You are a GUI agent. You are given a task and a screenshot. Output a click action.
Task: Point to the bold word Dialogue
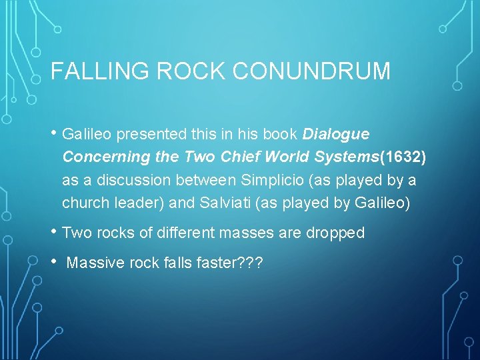336,134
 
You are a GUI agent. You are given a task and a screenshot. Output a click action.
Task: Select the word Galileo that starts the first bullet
87,134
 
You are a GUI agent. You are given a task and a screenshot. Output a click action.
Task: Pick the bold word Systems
346,157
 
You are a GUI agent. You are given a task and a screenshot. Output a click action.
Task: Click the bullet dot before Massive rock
54,262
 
